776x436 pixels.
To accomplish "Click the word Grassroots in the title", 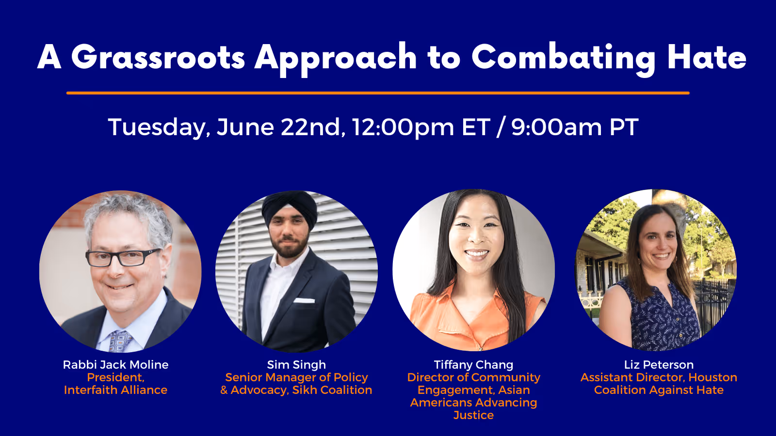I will (x=158, y=58).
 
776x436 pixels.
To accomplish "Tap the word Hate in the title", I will (x=707, y=58).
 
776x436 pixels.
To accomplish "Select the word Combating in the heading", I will (x=563, y=58).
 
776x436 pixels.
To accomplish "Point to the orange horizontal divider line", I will (x=378, y=93).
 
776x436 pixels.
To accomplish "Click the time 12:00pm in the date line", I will (x=403, y=127).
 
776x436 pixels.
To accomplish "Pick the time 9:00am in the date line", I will (x=556, y=127).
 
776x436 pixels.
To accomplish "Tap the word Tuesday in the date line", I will (x=159, y=127).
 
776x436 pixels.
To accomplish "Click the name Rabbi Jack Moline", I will (x=115, y=365).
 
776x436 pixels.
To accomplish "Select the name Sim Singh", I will (x=296, y=365).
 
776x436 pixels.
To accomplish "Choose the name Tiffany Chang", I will (x=473, y=365).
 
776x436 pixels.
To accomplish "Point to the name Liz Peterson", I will (x=659, y=365).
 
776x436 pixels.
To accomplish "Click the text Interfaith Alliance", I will (x=115, y=390).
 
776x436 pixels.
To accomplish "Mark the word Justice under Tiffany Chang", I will (x=473, y=415).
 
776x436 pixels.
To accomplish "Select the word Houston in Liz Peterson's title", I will (x=712, y=377).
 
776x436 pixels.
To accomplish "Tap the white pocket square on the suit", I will (x=304, y=301).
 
